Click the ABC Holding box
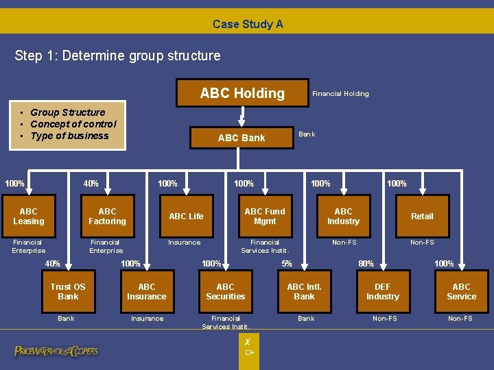(242, 93)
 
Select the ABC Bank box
(241, 138)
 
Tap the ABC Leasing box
(29, 217)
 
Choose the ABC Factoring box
(107, 217)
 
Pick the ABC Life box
(186, 217)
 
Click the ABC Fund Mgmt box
(265, 217)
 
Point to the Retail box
(422, 217)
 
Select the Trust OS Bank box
(68, 292)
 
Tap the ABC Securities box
(225, 292)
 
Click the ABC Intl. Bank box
(304, 292)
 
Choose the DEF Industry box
(383, 292)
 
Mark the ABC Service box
(461, 292)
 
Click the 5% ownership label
(287, 264)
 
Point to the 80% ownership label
(366, 264)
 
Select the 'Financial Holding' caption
(340, 94)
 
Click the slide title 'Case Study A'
(248, 24)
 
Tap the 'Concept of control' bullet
(73, 124)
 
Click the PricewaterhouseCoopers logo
(56, 351)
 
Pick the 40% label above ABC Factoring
(91, 183)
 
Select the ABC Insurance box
(147, 292)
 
